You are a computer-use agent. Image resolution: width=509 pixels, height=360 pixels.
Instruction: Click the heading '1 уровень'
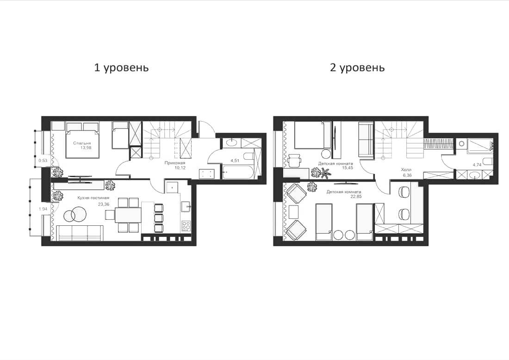coord(121,68)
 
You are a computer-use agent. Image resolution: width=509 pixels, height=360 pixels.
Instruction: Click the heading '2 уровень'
coord(357,68)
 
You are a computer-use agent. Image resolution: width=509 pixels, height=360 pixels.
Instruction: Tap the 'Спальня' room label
coord(82,143)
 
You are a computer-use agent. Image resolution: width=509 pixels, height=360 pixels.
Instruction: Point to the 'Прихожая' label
coord(175,163)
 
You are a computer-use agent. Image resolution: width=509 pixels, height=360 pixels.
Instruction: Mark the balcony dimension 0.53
coord(43,161)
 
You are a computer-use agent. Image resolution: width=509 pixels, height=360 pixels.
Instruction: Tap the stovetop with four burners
coord(186,226)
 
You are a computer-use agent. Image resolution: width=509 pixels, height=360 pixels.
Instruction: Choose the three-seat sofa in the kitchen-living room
coord(81,233)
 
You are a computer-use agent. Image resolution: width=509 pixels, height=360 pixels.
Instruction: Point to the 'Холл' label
coord(407,170)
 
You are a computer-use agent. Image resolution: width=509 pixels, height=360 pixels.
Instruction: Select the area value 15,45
coord(344,168)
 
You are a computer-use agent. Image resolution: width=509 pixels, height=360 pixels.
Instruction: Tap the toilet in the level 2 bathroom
coord(474,175)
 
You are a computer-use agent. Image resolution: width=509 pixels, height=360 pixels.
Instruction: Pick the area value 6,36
coord(407,175)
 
